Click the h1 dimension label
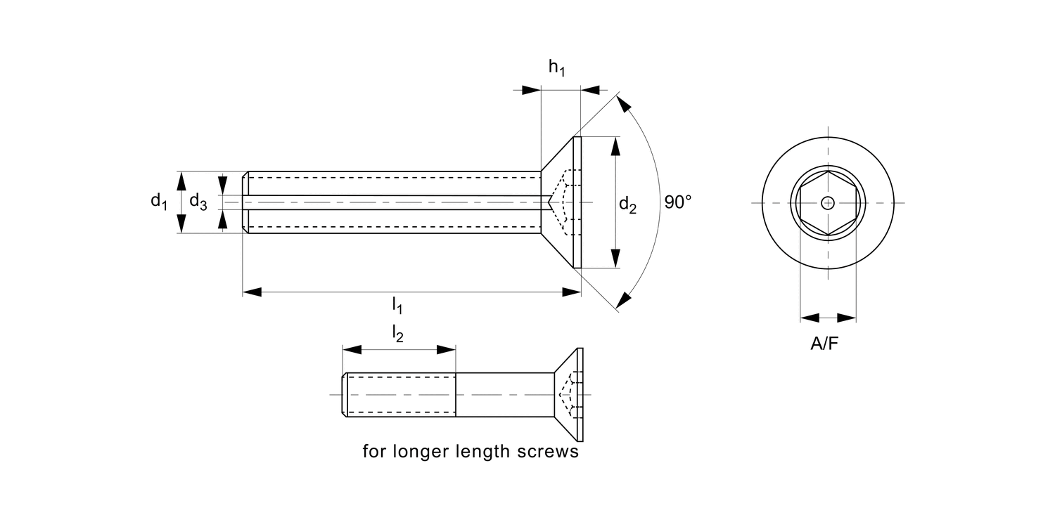click(556, 68)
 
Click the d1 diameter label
click(159, 201)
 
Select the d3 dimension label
click(198, 203)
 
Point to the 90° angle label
click(678, 202)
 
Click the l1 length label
click(397, 306)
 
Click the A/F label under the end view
click(825, 344)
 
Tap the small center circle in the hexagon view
click(828, 203)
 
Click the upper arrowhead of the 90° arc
click(622, 105)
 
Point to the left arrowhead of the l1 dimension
click(252, 292)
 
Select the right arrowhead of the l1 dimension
click(572, 292)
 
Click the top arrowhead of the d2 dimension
click(615, 146)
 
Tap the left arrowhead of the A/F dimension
click(810, 318)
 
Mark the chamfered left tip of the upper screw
click(245, 202)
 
